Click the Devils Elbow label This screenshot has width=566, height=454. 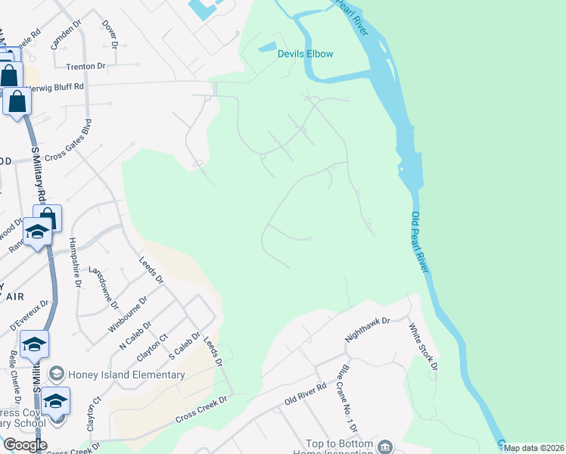[305, 54]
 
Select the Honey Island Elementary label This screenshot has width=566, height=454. [126, 375]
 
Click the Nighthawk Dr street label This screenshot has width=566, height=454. [367, 330]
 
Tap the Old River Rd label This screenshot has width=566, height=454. [305, 393]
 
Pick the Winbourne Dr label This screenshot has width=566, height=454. [128, 314]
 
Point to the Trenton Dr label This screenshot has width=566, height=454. [85, 67]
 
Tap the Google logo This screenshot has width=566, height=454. [25, 445]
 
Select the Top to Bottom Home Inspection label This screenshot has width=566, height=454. [339, 448]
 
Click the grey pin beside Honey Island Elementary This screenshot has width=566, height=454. [56, 375]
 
